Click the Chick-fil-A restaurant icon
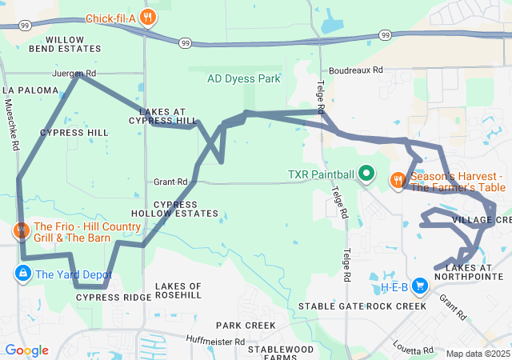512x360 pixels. [x=147, y=18]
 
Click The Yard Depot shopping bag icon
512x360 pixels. [x=22, y=274]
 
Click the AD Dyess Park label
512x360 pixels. [x=243, y=79]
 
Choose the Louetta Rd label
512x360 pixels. [x=414, y=350]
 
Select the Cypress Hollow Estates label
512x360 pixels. [x=186, y=209]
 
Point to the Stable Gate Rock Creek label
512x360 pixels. [x=362, y=306]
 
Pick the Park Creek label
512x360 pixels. [x=246, y=326]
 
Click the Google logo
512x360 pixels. [x=26, y=350]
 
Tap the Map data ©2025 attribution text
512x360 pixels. [x=478, y=354]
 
